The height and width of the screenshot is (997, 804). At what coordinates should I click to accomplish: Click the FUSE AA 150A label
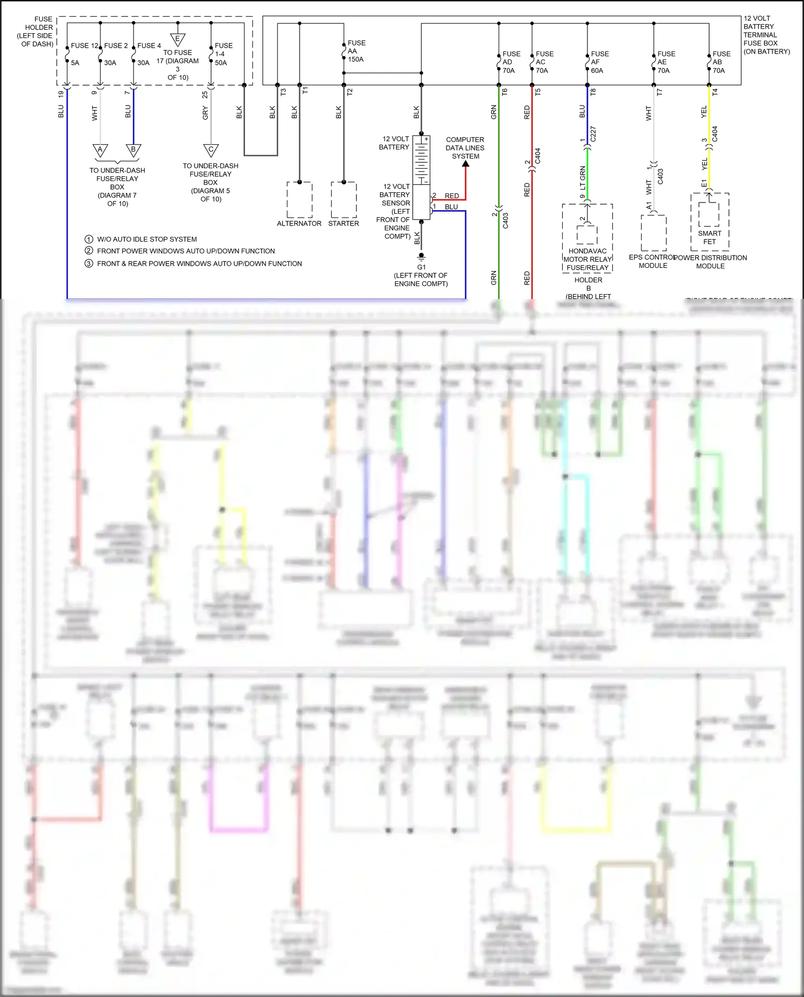click(x=356, y=51)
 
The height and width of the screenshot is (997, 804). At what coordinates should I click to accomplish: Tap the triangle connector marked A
click(x=100, y=150)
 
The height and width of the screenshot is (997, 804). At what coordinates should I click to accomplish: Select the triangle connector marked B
click(x=133, y=150)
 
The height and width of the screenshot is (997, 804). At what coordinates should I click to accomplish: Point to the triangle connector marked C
click(x=211, y=150)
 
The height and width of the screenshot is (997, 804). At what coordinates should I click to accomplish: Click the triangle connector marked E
click(x=177, y=39)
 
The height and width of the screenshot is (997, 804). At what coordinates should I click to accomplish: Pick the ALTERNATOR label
click(x=299, y=223)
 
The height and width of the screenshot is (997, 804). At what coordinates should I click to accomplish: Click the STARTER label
click(x=344, y=223)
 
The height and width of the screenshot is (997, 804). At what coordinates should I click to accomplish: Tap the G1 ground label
click(x=421, y=267)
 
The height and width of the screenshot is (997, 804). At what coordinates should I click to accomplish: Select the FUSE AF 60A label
click(x=600, y=62)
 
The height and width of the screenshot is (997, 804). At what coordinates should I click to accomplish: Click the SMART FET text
click(x=710, y=237)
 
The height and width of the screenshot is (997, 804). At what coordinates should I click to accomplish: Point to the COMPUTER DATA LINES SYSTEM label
click(x=465, y=148)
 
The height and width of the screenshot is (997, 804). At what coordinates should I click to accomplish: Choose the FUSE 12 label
click(x=85, y=46)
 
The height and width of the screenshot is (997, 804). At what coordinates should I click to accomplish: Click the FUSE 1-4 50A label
click(x=223, y=54)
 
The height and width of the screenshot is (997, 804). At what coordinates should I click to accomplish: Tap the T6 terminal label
click(x=504, y=92)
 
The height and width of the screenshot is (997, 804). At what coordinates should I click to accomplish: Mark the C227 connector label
click(x=593, y=134)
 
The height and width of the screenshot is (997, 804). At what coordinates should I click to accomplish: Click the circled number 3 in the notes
click(x=89, y=263)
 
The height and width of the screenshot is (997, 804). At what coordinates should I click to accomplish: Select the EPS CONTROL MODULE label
click(x=652, y=261)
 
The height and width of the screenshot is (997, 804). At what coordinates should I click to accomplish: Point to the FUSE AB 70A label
click(x=721, y=62)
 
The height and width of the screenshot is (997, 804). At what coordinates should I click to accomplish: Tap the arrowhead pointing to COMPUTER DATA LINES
click(x=466, y=164)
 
